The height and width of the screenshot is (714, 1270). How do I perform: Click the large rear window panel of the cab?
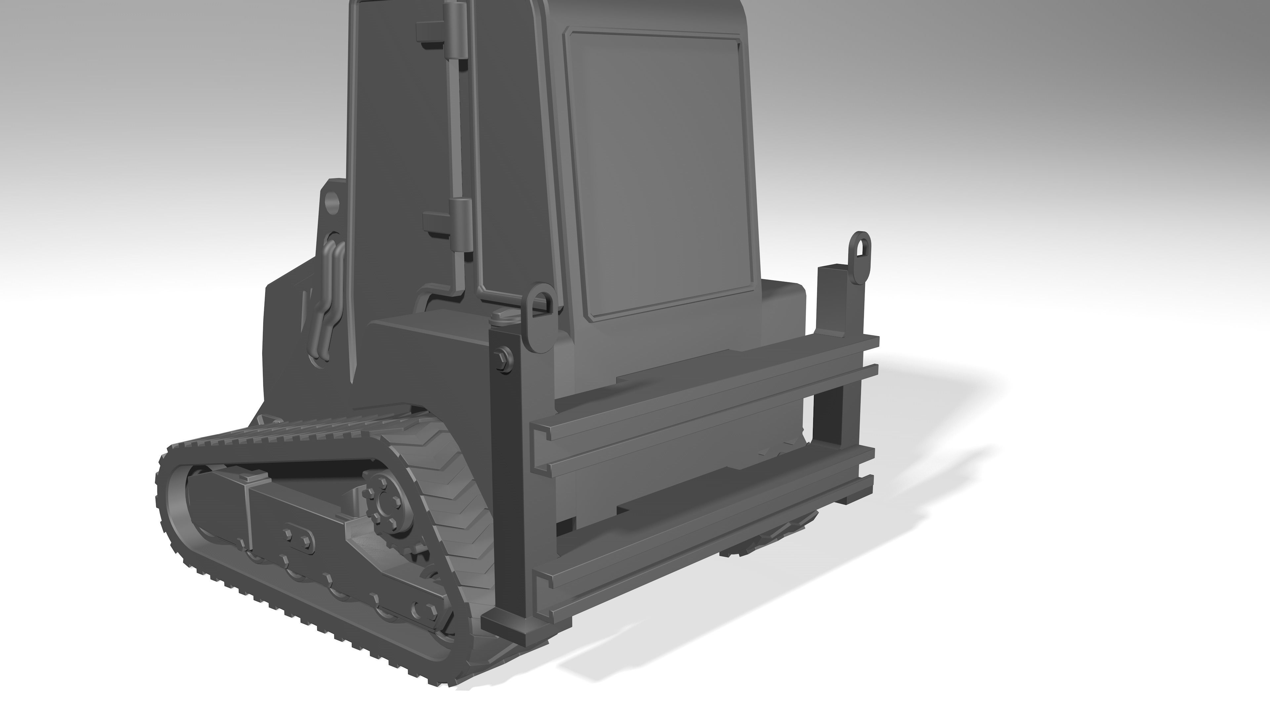[x=661, y=173]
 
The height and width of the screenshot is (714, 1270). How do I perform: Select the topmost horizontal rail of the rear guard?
[x=705, y=384]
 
